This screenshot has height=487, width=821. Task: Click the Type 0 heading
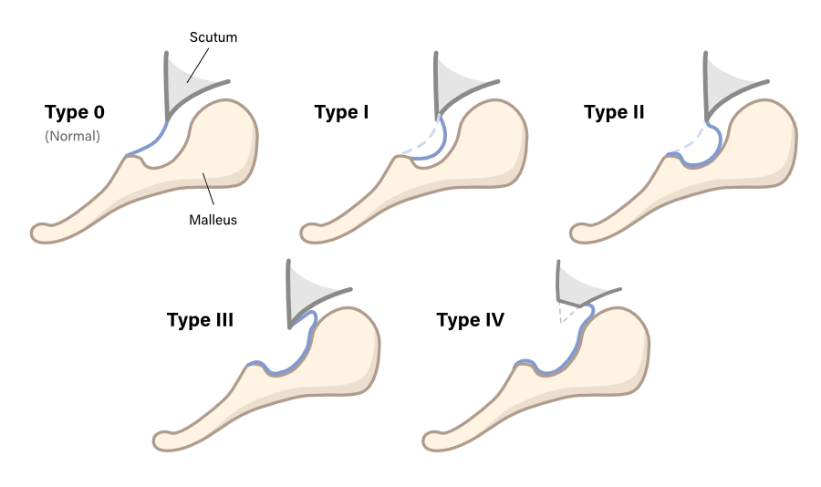click(75, 113)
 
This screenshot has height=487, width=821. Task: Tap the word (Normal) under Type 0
click(72, 137)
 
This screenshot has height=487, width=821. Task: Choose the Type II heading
click(614, 113)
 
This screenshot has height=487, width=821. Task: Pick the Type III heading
click(200, 321)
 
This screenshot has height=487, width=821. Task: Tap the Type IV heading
click(471, 321)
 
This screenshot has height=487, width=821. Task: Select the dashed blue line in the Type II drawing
click(690, 140)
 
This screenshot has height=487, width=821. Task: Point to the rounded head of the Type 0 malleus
click(223, 137)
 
